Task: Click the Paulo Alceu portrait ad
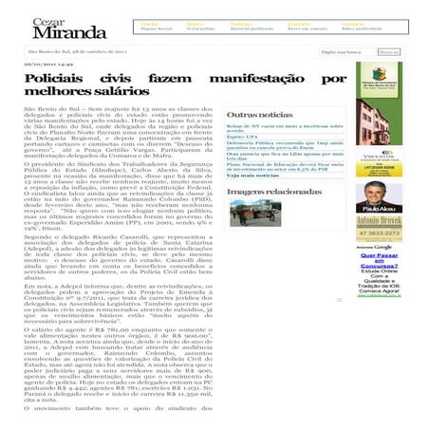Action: tap(397, 214)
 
